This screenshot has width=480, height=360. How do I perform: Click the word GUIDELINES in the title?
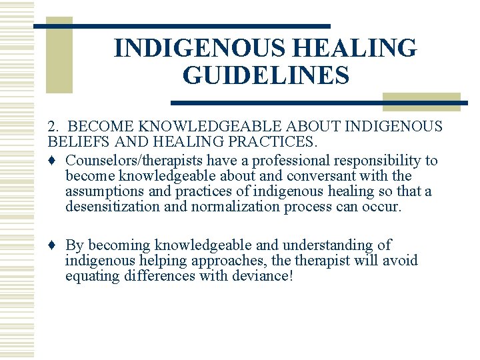coord(265,75)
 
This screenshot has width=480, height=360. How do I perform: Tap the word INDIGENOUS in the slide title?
coord(192,48)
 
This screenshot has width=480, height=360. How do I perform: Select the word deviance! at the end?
coord(263,276)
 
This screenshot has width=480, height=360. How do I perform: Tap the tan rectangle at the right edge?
coord(421,100)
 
